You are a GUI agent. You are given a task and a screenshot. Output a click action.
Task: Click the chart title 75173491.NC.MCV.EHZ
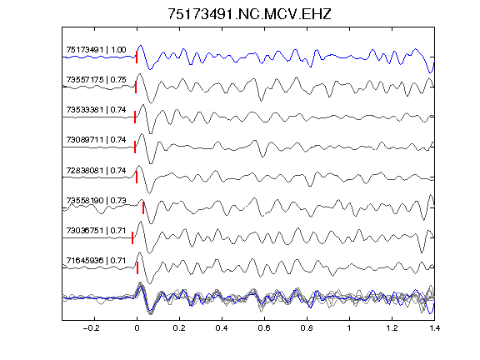pyautogui.click(x=249, y=14)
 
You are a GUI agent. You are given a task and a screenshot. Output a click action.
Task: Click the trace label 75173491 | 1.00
pyautogui.click(x=96, y=50)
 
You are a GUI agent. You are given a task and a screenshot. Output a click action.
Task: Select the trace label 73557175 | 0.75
pyautogui.click(x=96, y=80)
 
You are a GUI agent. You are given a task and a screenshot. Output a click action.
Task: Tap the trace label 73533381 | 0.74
pyautogui.click(x=96, y=110)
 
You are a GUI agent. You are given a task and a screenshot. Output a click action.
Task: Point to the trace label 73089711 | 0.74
pyautogui.click(x=96, y=140)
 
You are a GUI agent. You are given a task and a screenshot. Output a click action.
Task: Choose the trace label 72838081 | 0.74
pyautogui.click(x=96, y=170)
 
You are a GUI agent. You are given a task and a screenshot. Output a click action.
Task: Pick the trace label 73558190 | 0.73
pyautogui.click(x=96, y=200)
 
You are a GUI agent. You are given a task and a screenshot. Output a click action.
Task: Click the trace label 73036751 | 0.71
pyautogui.click(x=96, y=230)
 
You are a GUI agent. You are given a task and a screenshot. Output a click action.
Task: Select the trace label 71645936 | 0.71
pyautogui.click(x=96, y=260)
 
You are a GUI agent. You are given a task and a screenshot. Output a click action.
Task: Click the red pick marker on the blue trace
pyautogui.click(x=137, y=57)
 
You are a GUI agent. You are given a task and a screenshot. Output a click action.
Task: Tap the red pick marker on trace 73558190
pyautogui.click(x=143, y=208)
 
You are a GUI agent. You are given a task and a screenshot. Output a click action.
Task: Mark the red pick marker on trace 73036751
pyautogui.click(x=132, y=237)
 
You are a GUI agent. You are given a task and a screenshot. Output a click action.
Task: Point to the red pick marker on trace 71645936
pyautogui.click(x=137, y=267)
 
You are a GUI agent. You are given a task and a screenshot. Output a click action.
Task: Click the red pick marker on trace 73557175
pyautogui.click(x=136, y=87)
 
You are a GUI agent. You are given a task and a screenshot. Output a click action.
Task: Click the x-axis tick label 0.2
pyautogui.click(x=179, y=328)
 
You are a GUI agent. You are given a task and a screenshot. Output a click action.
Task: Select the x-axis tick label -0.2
pyautogui.click(x=92, y=328)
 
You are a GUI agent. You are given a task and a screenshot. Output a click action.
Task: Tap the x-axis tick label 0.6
pyautogui.click(x=264, y=328)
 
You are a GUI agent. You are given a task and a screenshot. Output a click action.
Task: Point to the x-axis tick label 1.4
pyautogui.click(x=434, y=328)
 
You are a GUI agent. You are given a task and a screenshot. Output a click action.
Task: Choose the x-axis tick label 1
pyautogui.click(x=349, y=328)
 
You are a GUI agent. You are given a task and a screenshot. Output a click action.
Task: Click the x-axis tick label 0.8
pyautogui.click(x=307, y=328)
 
